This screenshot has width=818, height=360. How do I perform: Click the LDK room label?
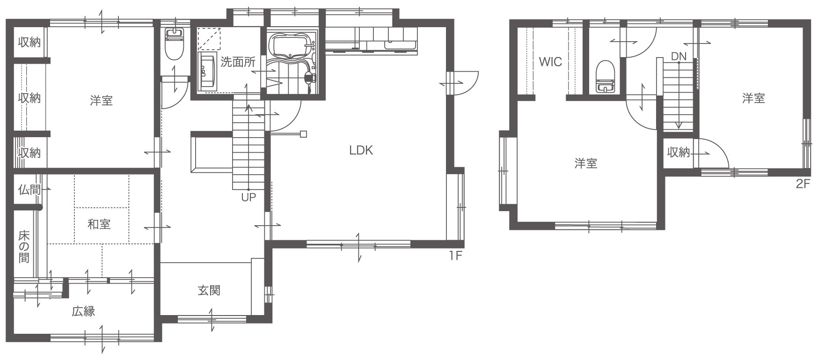click(x=361, y=150)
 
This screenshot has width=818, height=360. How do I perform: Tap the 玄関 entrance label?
click(x=209, y=291)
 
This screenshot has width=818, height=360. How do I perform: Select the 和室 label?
click(x=99, y=224)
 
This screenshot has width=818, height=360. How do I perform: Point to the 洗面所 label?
click(x=238, y=62)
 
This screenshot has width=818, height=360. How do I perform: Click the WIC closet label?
click(x=550, y=62)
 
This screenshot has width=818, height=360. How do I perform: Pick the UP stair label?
click(x=248, y=197)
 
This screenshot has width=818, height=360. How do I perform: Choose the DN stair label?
click(x=679, y=57)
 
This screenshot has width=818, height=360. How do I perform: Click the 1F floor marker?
click(x=456, y=256)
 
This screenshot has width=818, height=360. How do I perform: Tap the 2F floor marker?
click(x=803, y=184)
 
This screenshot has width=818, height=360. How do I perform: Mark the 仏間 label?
click(x=29, y=190)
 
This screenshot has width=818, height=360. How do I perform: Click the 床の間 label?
click(x=24, y=246)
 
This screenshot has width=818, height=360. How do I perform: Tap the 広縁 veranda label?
click(x=83, y=311)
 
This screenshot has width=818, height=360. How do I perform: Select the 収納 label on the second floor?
click(x=679, y=152)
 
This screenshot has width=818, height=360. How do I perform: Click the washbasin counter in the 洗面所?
click(x=208, y=72)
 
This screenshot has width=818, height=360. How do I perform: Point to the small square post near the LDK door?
click(x=303, y=134)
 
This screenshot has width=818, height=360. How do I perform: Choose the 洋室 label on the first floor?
click(x=101, y=101)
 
